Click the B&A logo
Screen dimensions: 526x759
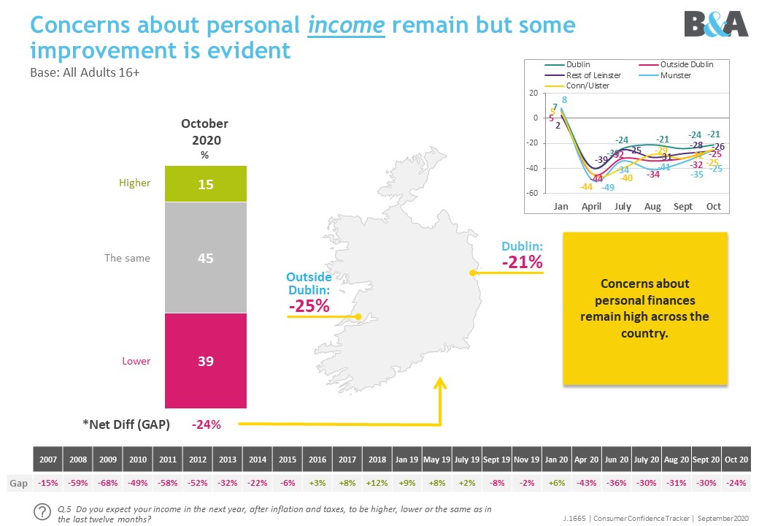[716, 24]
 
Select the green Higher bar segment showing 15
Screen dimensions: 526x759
[206, 184]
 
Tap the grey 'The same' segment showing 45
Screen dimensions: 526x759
[206, 258]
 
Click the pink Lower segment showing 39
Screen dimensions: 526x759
[206, 360]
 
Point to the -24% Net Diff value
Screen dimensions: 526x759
[206, 424]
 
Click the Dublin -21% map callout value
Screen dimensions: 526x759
[521, 262]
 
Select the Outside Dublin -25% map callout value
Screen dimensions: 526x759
[309, 306]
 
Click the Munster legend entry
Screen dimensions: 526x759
[676, 75]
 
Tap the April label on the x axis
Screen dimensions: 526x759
[591, 207]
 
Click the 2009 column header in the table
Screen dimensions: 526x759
[108, 460]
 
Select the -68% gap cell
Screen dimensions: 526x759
[108, 484]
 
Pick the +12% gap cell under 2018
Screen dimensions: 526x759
[377, 484]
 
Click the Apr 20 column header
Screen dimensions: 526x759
[586, 460]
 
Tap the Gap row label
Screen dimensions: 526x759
[18, 484]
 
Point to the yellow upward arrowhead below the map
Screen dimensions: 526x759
[440, 383]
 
